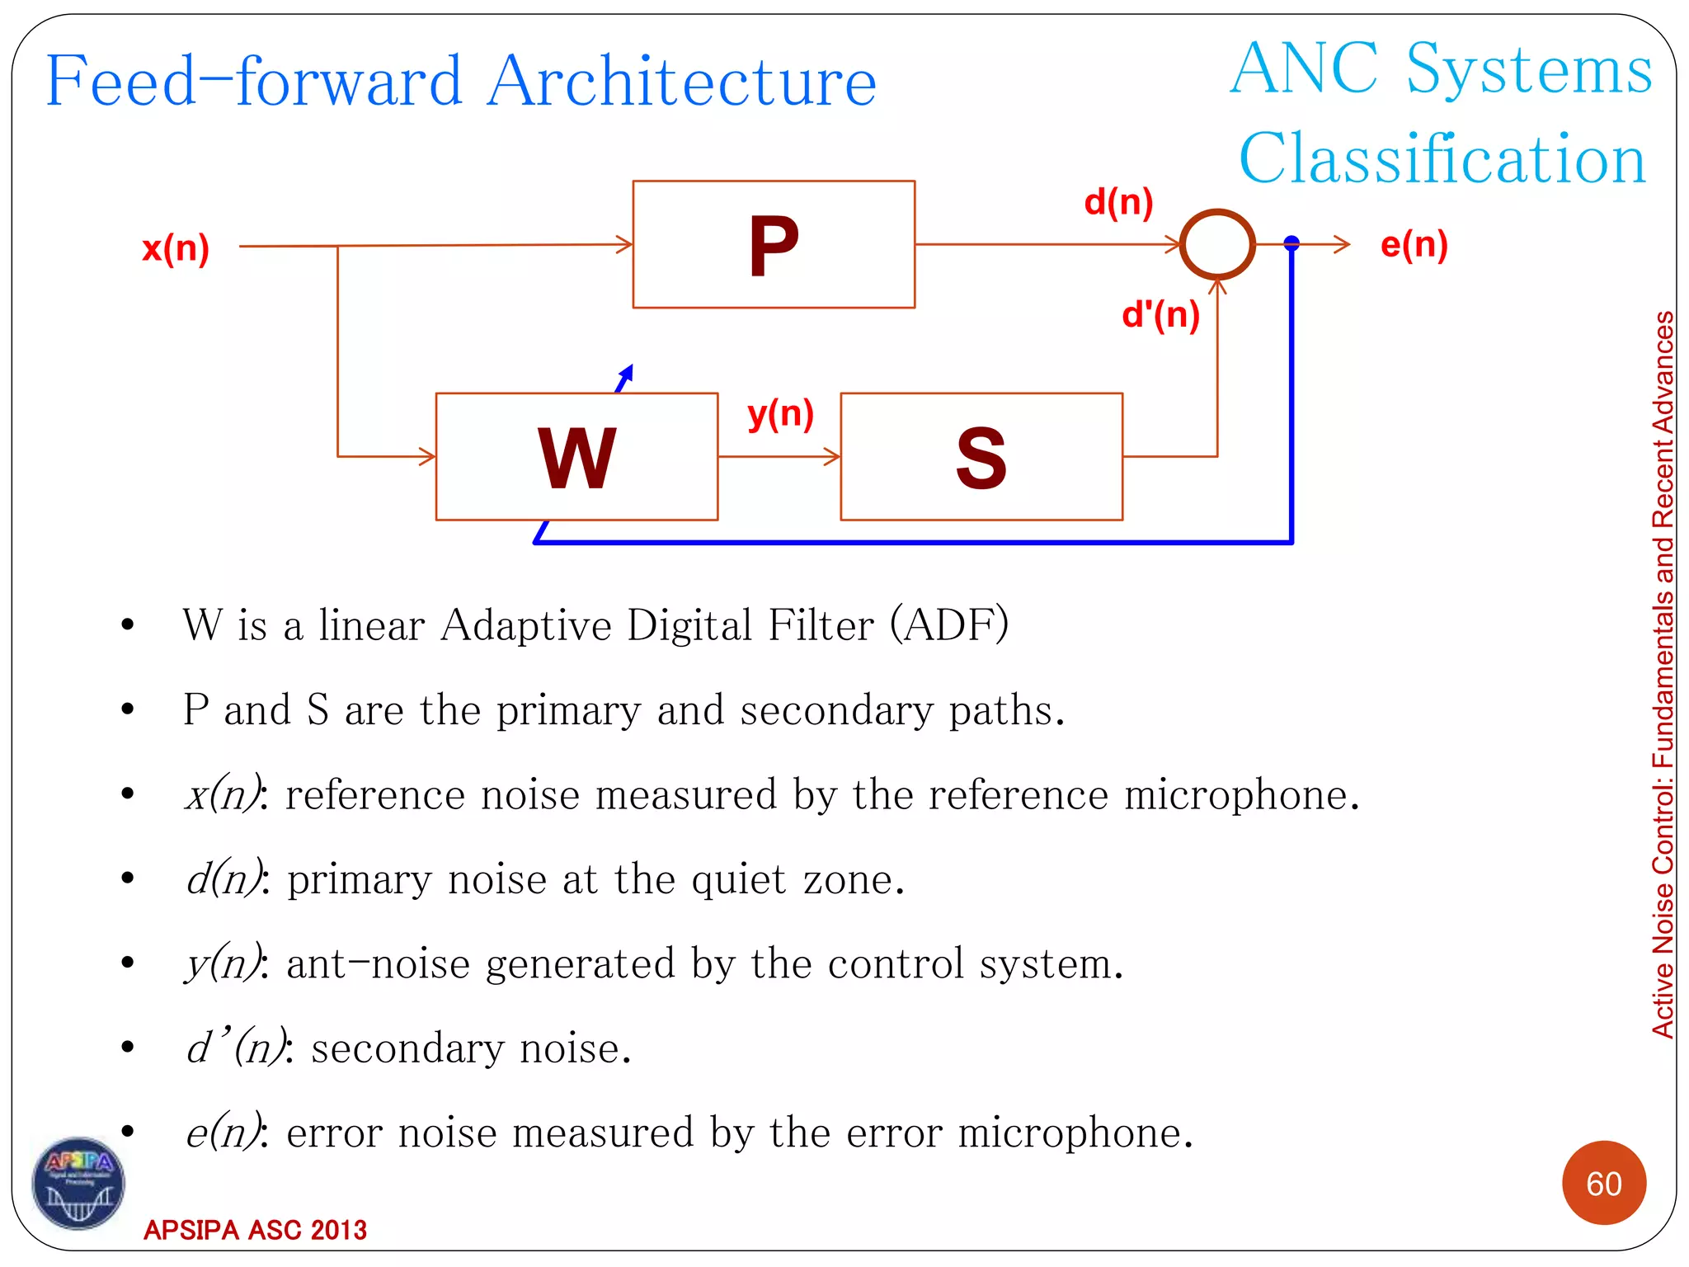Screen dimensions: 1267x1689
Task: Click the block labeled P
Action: tap(774, 244)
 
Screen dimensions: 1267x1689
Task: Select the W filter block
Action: tap(576, 456)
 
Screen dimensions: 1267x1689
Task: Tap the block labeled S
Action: tap(981, 456)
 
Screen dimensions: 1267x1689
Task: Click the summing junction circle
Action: tap(1217, 244)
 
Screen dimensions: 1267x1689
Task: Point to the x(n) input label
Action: tap(176, 247)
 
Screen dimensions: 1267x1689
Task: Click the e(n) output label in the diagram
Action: tap(1414, 244)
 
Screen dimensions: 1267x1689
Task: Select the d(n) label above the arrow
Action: tap(1118, 201)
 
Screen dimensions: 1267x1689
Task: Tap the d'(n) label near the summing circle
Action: tap(1160, 314)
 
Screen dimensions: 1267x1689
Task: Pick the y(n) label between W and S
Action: tap(780, 413)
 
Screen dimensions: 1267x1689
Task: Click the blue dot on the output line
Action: tap(1291, 243)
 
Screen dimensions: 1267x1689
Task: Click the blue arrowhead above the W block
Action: tap(627, 374)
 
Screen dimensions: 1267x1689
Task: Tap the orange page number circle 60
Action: tap(1603, 1183)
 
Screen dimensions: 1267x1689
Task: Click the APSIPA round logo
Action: tap(78, 1183)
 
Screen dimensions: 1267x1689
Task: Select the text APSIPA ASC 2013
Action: tap(255, 1230)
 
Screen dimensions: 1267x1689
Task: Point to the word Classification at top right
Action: tap(1442, 158)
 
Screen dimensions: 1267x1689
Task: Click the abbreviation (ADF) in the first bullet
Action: tap(948, 624)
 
